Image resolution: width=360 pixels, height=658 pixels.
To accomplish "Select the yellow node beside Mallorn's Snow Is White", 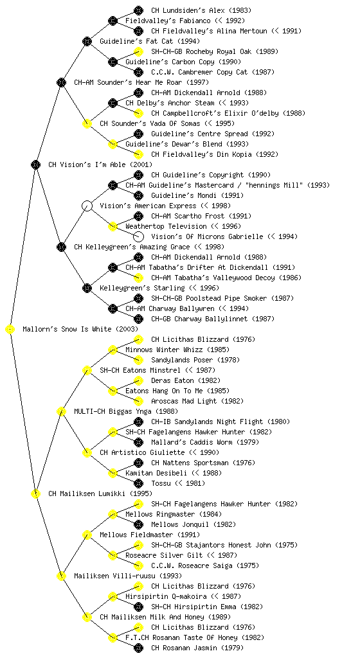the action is pos(10,330).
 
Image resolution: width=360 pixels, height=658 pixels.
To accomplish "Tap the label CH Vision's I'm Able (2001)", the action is pos(100,165).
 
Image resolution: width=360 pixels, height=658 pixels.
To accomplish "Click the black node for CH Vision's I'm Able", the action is pos(35,165).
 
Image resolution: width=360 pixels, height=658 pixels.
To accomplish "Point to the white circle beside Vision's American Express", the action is pos(87,206).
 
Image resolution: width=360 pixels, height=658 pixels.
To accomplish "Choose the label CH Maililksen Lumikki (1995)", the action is pos(100,494).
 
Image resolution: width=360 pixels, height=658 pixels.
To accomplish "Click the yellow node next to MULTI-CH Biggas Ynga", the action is pos(61,412).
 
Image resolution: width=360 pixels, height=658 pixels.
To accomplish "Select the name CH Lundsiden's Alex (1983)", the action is pos(201,10).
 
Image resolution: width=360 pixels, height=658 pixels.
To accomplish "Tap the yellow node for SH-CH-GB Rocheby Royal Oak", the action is pos(138,51).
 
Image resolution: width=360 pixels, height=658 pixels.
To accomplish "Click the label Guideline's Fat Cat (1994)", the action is pos(150,42).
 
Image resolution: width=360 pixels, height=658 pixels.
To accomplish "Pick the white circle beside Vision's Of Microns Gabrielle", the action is pos(138,236).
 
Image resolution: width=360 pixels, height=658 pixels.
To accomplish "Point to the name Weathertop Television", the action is pos(160,227).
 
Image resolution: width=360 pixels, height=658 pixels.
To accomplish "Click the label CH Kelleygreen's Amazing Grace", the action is pos(132,247).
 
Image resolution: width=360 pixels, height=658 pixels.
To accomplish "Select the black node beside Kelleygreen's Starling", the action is pos(87,289).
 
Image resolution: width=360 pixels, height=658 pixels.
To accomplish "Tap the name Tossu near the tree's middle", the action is pos(161,483).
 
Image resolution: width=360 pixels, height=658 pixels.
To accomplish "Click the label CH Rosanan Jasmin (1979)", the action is pos(197,648).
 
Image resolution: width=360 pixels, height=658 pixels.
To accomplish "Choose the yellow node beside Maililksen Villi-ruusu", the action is pos(61,576).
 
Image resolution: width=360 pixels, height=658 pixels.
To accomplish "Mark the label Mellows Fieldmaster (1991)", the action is pos(150,535).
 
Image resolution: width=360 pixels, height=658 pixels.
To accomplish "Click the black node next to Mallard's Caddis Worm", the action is pos(138,442).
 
